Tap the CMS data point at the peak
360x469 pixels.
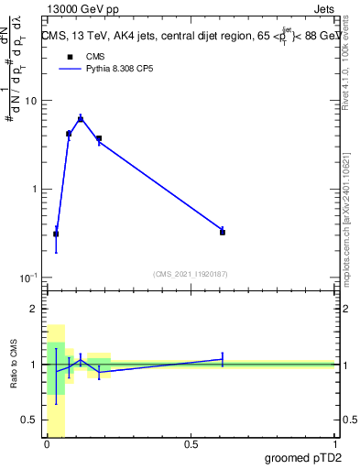81,119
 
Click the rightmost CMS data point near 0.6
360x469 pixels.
223,232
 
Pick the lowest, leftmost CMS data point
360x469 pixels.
56,234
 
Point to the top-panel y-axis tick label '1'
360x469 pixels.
35,189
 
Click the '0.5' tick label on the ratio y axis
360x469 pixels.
29,420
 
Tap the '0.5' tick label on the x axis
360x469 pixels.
191,444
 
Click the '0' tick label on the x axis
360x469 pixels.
47,444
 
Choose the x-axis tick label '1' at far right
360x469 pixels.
333,444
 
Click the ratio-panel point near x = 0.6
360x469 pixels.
223,359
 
